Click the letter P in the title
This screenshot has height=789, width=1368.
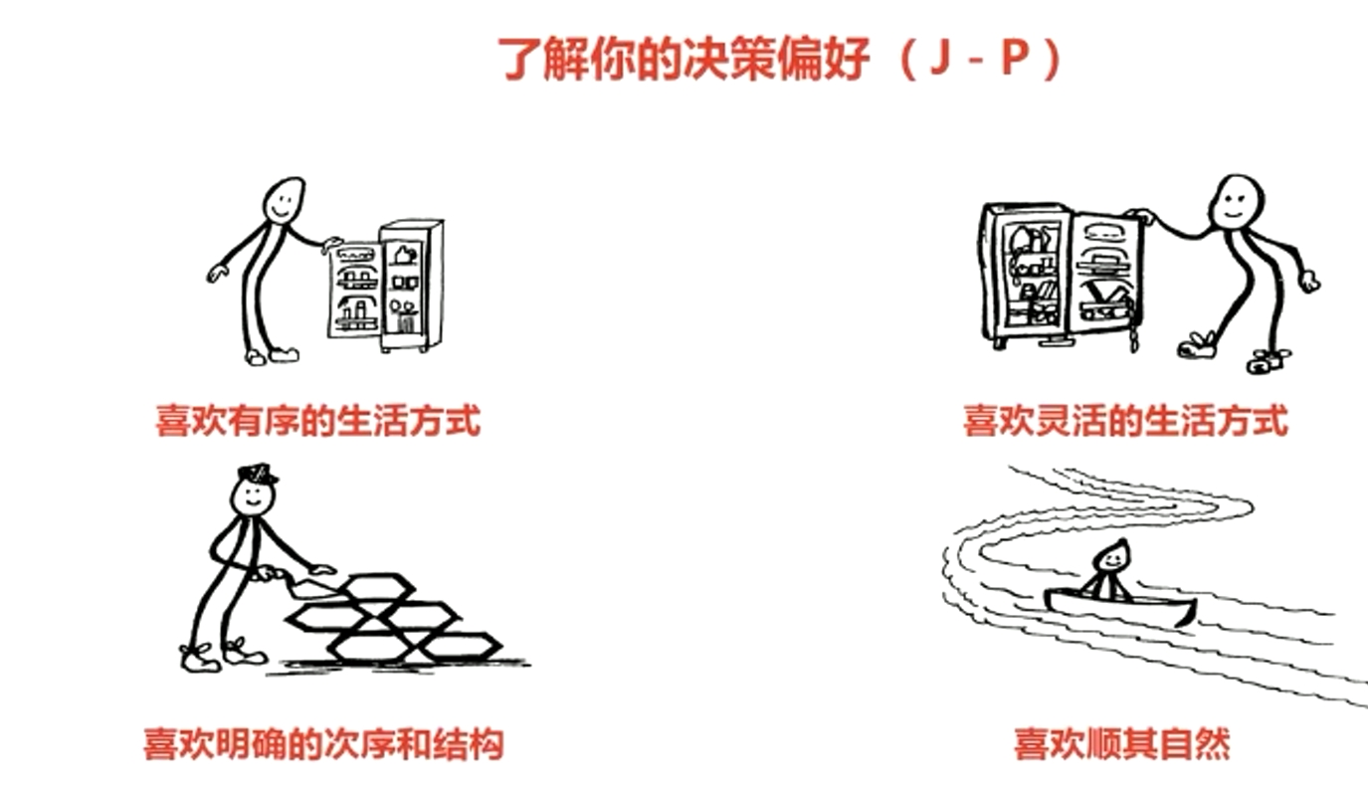(x=1014, y=61)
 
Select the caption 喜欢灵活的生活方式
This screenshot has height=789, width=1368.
(x=1125, y=420)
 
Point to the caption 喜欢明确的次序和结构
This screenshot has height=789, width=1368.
(x=323, y=743)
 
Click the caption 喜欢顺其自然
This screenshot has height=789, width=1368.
(x=1121, y=743)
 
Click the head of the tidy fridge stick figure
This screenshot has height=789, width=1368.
(x=283, y=202)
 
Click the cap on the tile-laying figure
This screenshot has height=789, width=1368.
(x=257, y=474)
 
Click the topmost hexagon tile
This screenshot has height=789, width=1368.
(x=374, y=585)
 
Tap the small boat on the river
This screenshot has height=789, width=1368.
(x=1119, y=606)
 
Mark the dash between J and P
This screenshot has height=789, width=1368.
(x=976, y=63)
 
